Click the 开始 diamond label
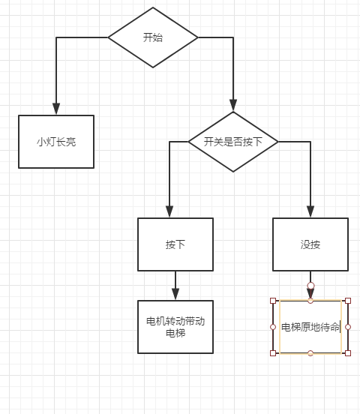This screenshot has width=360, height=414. [153, 37]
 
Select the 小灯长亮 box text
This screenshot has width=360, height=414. [56, 142]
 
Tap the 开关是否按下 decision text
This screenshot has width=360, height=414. [233, 142]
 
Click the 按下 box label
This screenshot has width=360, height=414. [175, 244]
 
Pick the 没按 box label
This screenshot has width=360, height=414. [310, 244]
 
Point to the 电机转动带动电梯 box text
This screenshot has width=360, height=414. [175, 327]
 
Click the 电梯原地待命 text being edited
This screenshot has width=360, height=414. [310, 327]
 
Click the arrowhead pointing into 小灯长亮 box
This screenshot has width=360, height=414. [56, 109]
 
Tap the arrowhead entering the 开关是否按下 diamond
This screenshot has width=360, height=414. [233, 105]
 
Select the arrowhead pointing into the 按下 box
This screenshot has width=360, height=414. [169, 211]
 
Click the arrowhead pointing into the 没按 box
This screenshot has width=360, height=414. [310, 211]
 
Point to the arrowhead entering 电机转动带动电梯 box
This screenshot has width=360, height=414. [175, 294]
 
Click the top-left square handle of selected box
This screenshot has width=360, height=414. [273, 301]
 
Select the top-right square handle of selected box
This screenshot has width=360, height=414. [348, 301]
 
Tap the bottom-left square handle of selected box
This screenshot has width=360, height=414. [273, 353]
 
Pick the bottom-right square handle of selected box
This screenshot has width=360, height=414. [348, 353]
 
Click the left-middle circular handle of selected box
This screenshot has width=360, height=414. [273, 327]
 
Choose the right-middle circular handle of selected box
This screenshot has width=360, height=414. [348, 327]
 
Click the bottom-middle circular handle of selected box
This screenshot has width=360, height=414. [310, 353]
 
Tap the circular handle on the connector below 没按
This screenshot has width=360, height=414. [310, 286]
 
